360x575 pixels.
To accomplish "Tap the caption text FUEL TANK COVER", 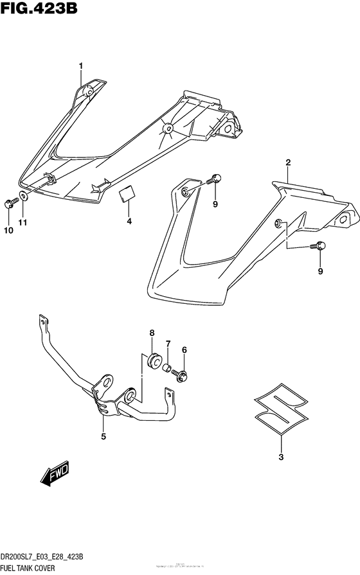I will pos(29,569).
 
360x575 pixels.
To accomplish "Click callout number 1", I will pos(82,66).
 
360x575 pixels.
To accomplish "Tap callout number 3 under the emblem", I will pos(281,457).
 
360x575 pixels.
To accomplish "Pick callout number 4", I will pos(129,222).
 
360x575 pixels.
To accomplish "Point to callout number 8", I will pos(152,333).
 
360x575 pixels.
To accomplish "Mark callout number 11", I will pos(23,222).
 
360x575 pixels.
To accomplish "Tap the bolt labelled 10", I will pos(9,203).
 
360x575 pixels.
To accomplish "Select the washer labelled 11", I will pos(23,197).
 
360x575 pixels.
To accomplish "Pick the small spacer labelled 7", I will pos(167,369).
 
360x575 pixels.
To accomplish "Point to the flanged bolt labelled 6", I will pos(182,374).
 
